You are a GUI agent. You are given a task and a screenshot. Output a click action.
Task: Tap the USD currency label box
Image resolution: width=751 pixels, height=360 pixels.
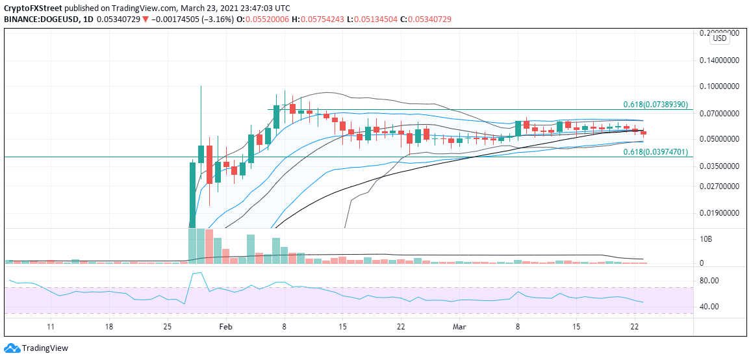pyautogui.click(x=719, y=38)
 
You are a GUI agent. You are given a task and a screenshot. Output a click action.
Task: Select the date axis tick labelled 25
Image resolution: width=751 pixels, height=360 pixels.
pyautogui.click(x=168, y=326)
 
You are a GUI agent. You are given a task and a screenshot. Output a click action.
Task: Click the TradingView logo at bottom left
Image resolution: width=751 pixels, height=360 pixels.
pyautogui.click(x=36, y=348)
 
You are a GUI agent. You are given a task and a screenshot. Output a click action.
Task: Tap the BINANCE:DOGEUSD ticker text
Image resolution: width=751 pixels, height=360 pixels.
pyautogui.click(x=40, y=19)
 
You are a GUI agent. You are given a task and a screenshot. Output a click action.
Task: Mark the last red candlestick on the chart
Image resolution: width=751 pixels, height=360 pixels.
pyautogui.click(x=644, y=133)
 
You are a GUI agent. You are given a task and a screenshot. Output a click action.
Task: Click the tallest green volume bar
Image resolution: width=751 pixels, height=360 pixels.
pyautogui.click(x=192, y=246)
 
